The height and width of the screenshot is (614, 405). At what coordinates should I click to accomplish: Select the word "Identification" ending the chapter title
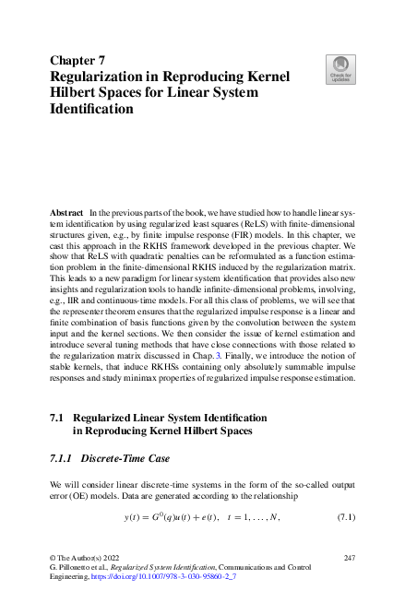(x=91, y=108)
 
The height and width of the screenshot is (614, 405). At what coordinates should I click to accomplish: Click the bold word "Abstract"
(x=66, y=212)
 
